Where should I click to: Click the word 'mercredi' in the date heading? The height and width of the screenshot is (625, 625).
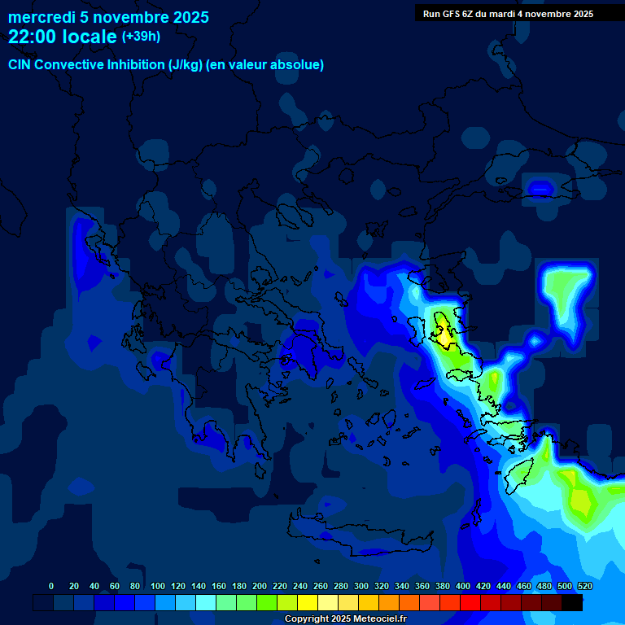click(41, 17)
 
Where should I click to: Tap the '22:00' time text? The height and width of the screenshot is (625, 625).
click(33, 37)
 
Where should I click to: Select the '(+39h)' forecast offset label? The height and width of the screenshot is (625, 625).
click(141, 36)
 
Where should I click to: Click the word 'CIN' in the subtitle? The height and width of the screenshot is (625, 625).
click(20, 65)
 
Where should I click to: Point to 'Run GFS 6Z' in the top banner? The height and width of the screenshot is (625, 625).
click(448, 14)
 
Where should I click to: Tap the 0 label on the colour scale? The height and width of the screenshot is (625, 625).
click(51, 586)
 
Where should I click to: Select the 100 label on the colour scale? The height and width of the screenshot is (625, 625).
click(158, 586)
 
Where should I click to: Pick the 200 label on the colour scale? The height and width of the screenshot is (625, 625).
click(260, 586)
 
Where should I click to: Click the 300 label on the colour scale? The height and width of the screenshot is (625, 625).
click(361, 586)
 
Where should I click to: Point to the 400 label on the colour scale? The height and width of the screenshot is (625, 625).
click(463, 586)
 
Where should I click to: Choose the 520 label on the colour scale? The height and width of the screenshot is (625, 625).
click(584, 586)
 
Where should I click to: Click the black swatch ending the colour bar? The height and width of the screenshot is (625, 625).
click(572, 603)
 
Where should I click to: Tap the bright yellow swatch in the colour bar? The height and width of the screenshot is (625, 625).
click(308, 603)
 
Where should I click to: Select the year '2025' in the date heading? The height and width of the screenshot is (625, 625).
click(186, 17)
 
